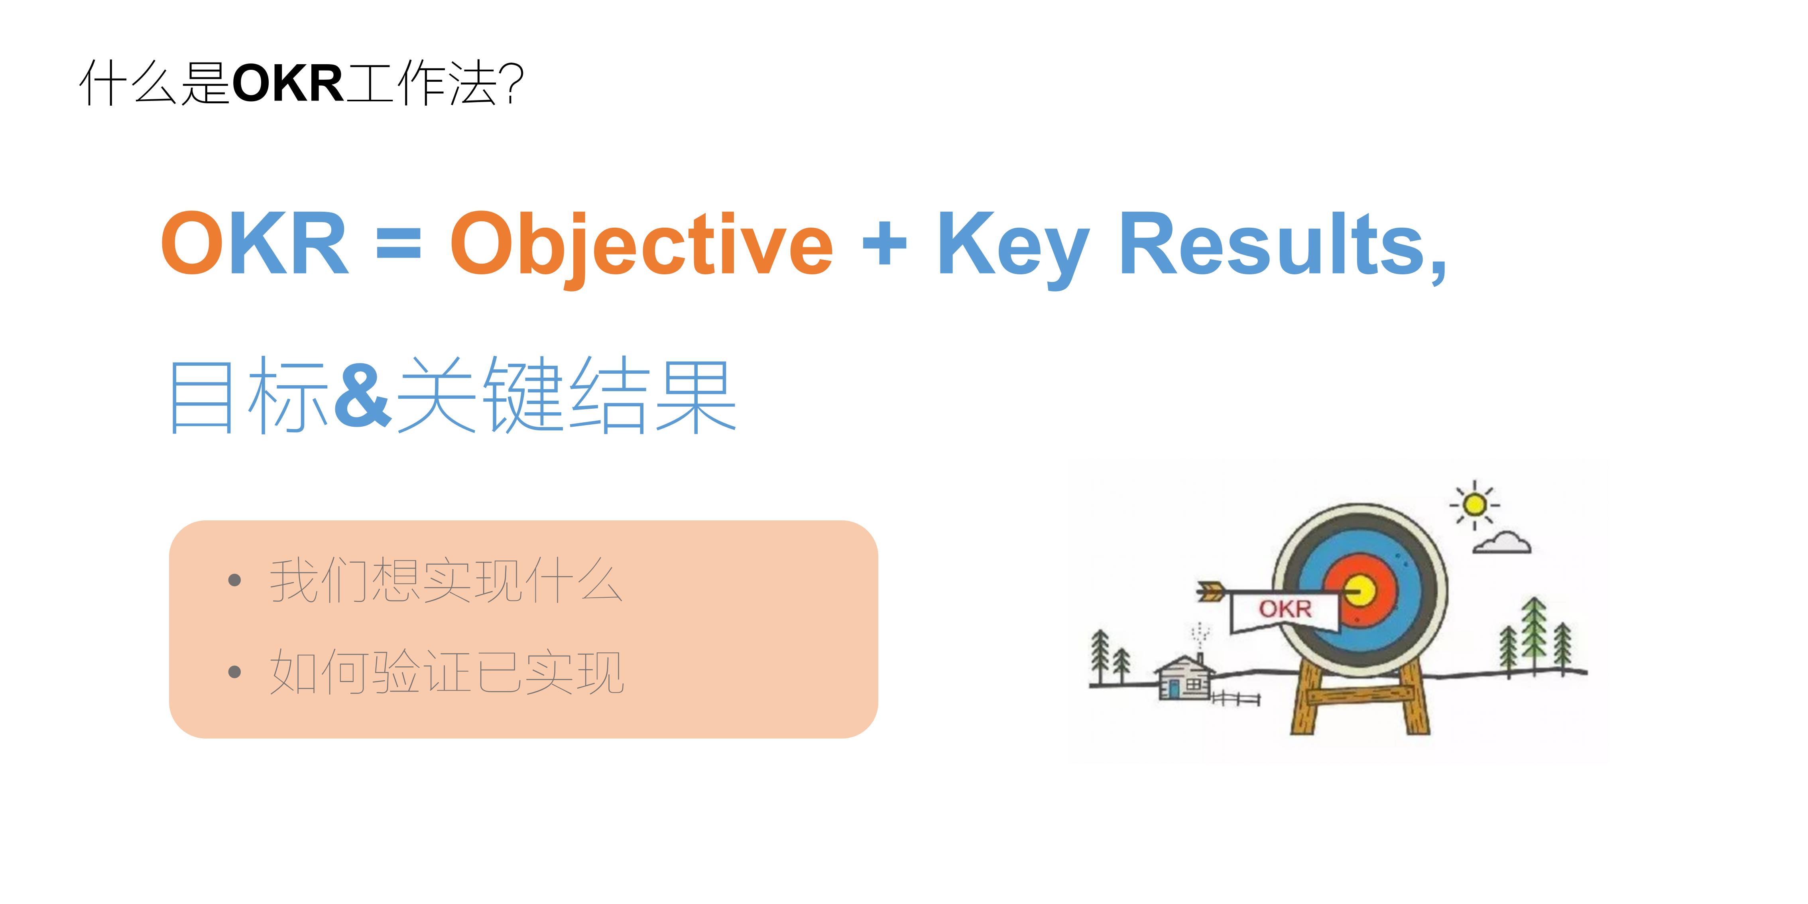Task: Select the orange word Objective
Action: click(641, 244)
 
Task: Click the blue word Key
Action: click(1012, 244)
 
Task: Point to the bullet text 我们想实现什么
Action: click(446, 581)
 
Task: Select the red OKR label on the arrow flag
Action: click(1285, 609)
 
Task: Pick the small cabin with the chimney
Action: click(1185, 677)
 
